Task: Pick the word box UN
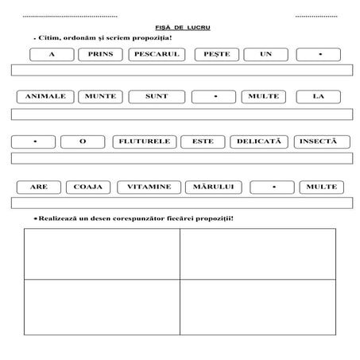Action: coord(265,55)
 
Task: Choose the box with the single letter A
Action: coord(51,55)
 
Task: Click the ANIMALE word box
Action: coord(45,97)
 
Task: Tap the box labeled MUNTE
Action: coord(101,97)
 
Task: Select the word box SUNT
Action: coord(157,97)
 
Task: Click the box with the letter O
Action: coord(83,141)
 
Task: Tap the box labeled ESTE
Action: coord(202,141)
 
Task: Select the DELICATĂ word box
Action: coord(258,141)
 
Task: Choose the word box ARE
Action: coord(38,187)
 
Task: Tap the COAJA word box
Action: coord(88,187)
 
